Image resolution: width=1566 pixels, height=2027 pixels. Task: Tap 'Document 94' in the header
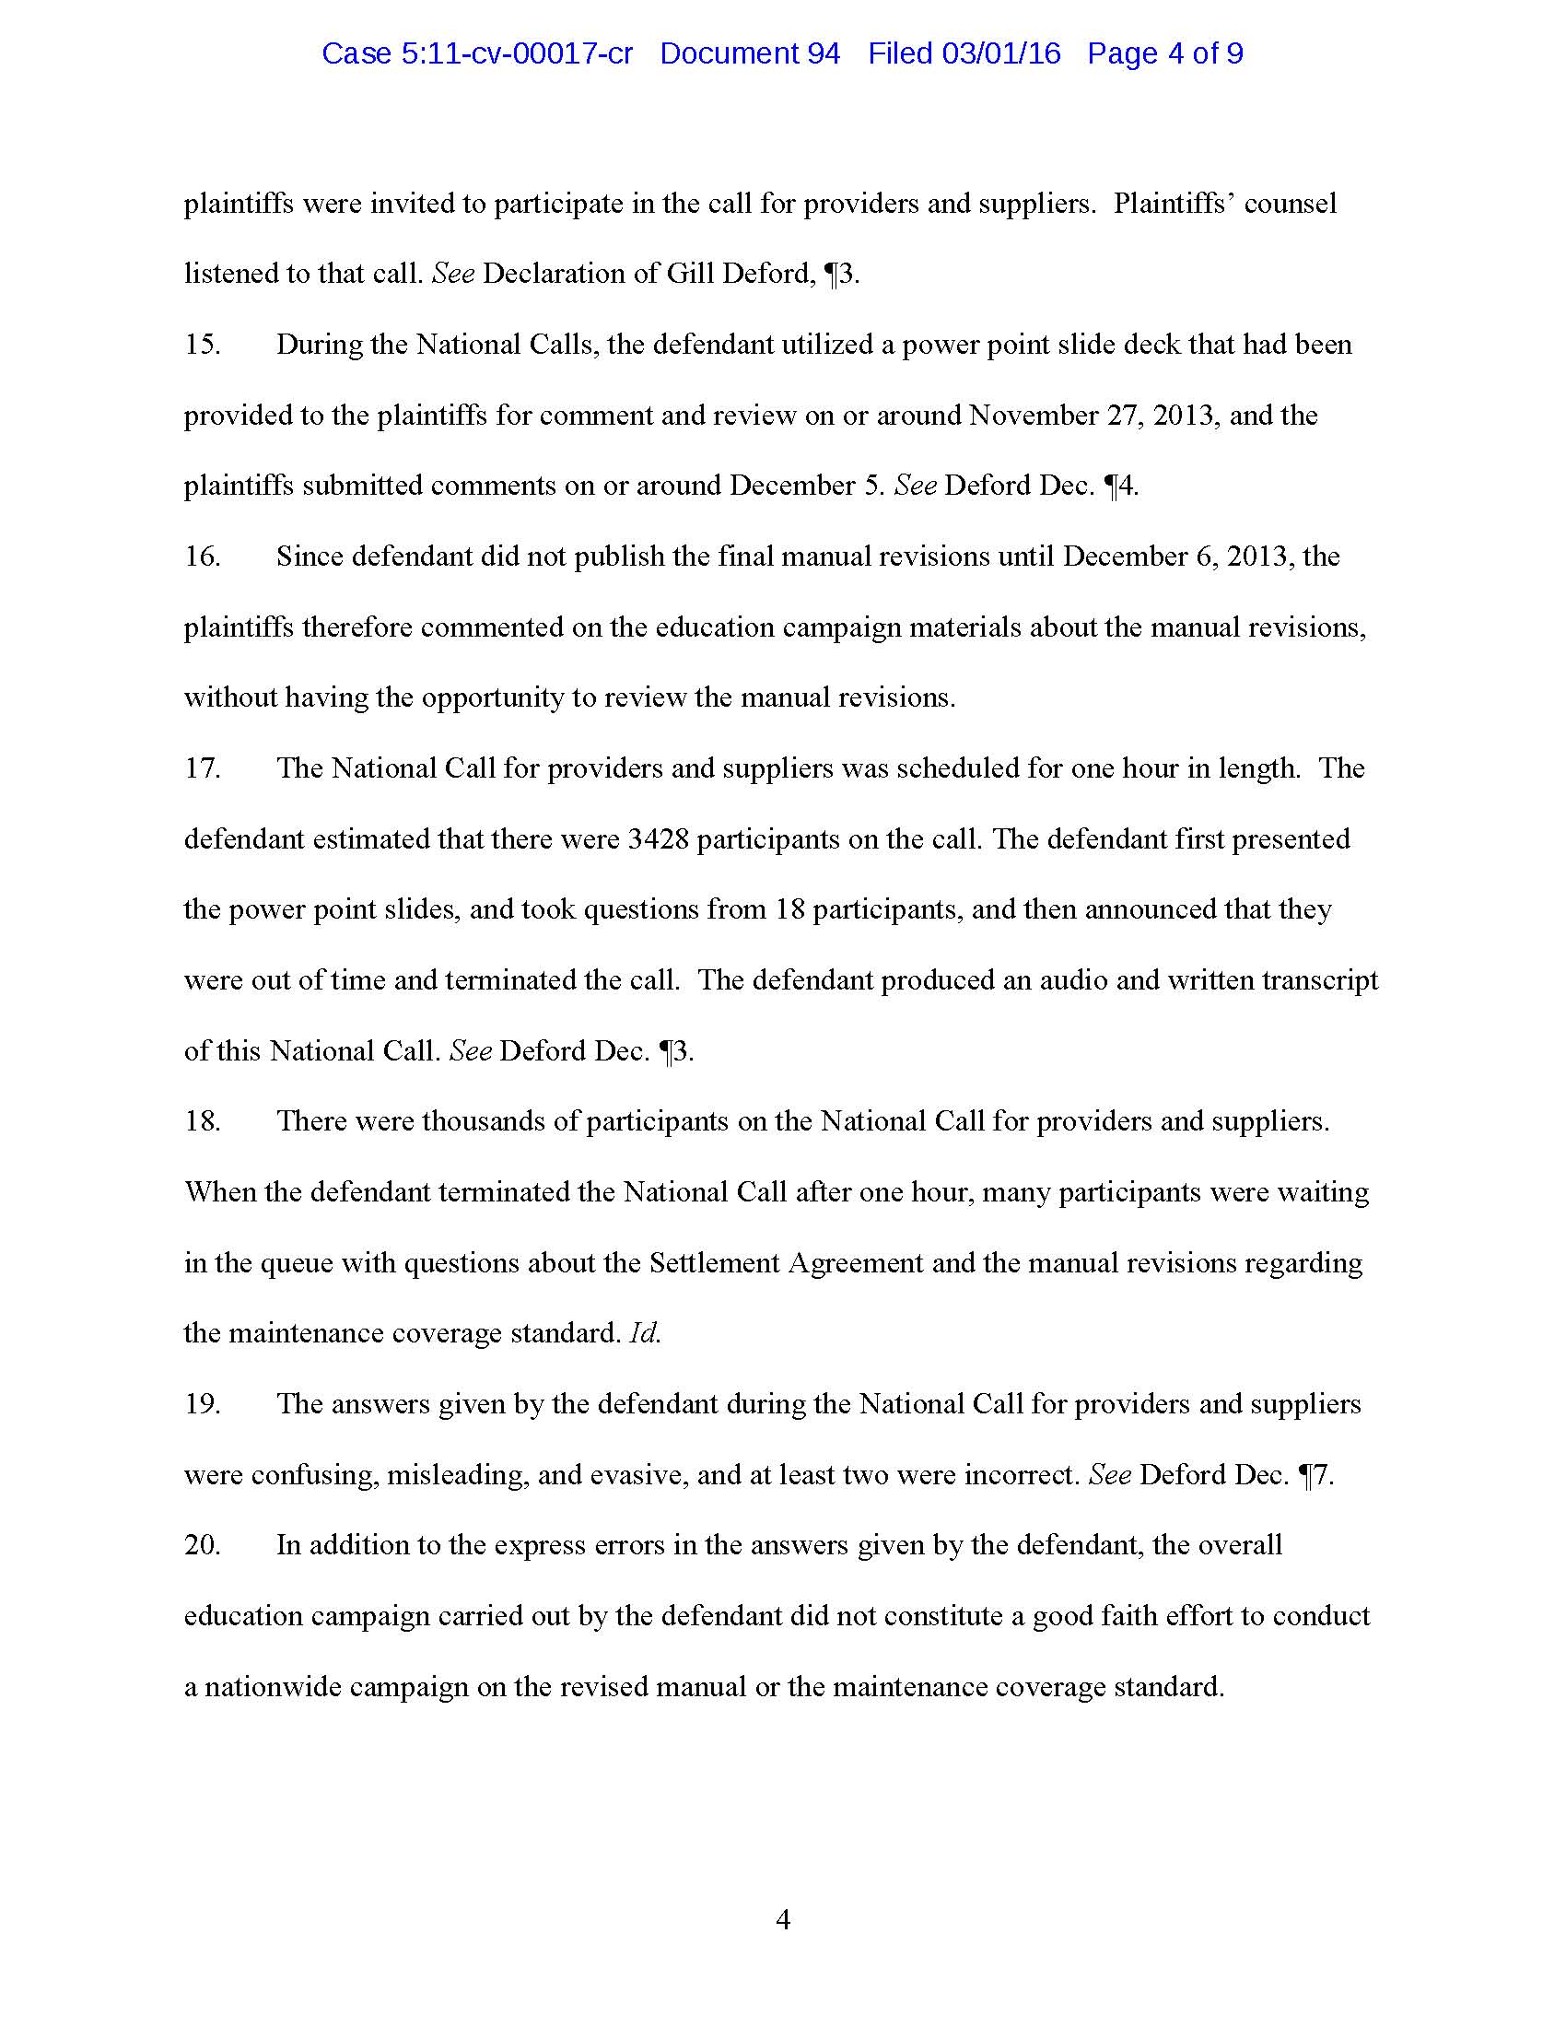click(750, 53)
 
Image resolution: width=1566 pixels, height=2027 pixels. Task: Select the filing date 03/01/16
click(1001, 53)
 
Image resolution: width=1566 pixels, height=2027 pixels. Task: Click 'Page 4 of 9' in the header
click(1165, 53)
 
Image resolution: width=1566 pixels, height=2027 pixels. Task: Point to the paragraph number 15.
click(203, 345)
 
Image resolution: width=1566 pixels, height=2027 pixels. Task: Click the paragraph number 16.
click(203, 556)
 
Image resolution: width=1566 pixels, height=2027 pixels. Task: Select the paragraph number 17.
click(203, 768)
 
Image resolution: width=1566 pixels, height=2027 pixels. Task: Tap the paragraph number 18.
click(203, 1121)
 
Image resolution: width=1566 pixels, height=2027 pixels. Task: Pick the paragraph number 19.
click(203, 1403)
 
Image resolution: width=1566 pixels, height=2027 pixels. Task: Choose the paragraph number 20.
click(203, 1544)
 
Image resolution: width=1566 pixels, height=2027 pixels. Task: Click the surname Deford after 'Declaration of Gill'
click(767, 274)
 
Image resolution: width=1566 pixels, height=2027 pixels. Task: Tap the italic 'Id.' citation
click(644, 1334)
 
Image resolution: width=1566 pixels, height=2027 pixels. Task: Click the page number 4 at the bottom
click(783, 1919)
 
